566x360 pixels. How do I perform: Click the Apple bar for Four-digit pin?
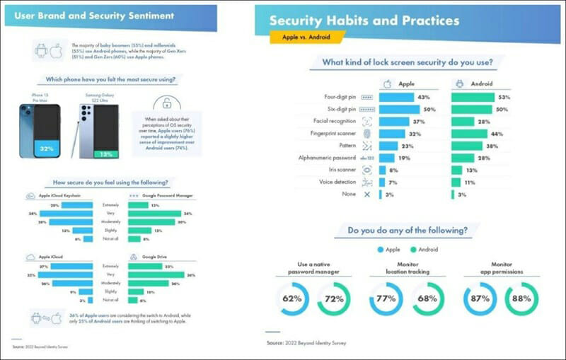coord(397,97)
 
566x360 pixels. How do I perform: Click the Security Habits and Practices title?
coord(364,20)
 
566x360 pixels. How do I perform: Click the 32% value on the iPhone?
coord(47,149)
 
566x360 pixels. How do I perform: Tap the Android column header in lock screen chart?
coord(481,83)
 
